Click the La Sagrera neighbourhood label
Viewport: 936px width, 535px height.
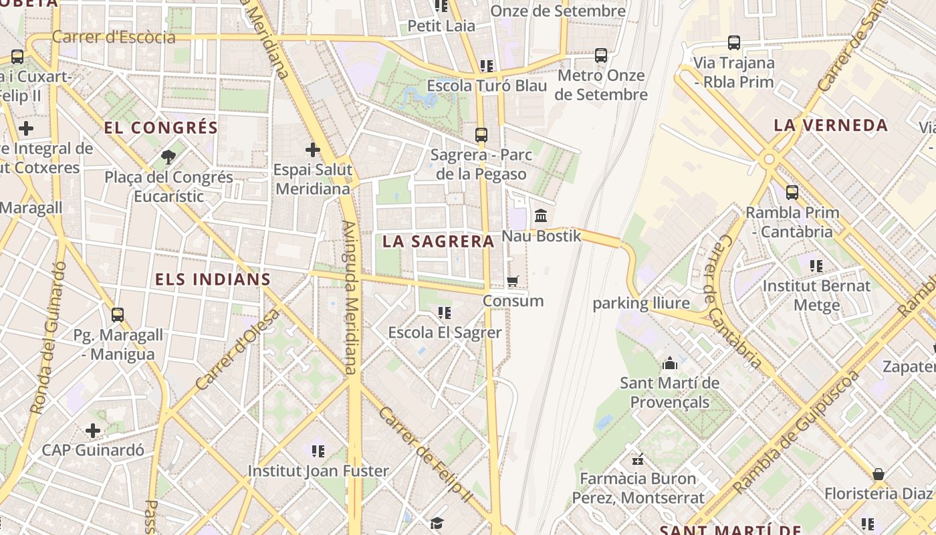point(438,241)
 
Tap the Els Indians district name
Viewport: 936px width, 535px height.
point(213,279)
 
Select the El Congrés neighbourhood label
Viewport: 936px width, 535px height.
point(161,127)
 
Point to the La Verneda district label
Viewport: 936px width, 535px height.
point(830,125)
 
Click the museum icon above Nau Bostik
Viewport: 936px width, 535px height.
point(541,215)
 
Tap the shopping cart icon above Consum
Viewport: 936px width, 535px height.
point(513,281)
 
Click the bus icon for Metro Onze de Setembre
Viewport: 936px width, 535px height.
point(601,56)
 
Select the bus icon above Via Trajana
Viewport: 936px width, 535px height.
point(733,43)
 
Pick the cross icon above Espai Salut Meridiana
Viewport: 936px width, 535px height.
point(312,150)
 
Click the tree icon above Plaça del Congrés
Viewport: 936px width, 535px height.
point(168,157)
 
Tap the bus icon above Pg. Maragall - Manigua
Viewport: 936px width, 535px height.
point(118,314)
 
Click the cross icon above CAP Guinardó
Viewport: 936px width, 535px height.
point(93,430)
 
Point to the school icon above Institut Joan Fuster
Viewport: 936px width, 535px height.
point(318,451)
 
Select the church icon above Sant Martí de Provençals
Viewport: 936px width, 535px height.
point(669,363)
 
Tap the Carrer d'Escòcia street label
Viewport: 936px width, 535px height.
point(114,37)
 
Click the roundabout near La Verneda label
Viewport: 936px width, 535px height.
point(769,159)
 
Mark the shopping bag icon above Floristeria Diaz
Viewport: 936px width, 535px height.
point(878,474)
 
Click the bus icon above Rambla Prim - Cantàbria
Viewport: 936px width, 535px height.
point(792,193)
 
